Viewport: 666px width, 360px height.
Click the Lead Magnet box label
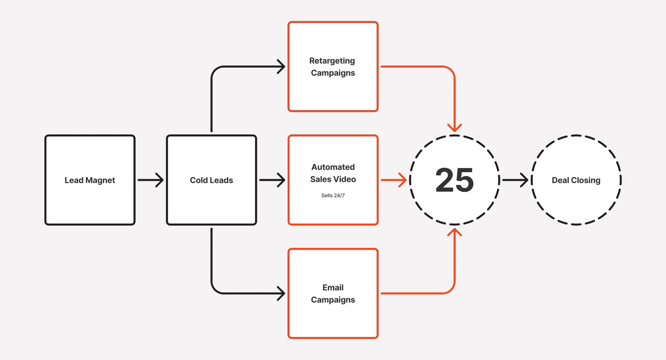90,180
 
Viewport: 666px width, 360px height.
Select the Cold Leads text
212,180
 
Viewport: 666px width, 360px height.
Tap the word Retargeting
332,61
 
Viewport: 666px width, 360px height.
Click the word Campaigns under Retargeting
333,73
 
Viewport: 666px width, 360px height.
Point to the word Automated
333,167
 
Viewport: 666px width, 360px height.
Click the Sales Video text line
333,179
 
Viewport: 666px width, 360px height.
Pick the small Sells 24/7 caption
333,195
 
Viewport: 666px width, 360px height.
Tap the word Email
333,288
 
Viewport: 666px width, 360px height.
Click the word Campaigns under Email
333,300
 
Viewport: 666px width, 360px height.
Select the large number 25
454,180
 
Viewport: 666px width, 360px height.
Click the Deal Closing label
576,180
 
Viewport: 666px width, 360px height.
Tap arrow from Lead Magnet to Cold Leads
151,180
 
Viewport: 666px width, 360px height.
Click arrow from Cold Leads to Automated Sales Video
272,180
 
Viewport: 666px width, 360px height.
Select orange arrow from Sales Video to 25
394,180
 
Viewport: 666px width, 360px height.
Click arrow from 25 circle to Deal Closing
515,180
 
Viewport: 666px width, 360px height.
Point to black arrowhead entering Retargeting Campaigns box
281,67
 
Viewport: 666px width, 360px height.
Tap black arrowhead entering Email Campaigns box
281,293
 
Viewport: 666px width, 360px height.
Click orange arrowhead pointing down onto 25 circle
454,128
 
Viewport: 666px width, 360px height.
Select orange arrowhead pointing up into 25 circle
454,232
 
